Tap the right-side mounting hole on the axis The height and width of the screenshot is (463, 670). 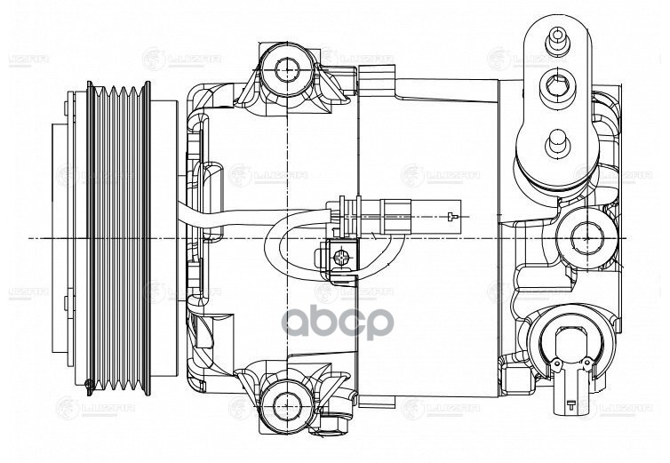pyautogui.click(x=587, y=236)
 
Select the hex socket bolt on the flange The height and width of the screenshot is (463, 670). pyautogui.click(x=557, y=87)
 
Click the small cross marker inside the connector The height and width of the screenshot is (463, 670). pyautogui.click(x=452, y=216)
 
